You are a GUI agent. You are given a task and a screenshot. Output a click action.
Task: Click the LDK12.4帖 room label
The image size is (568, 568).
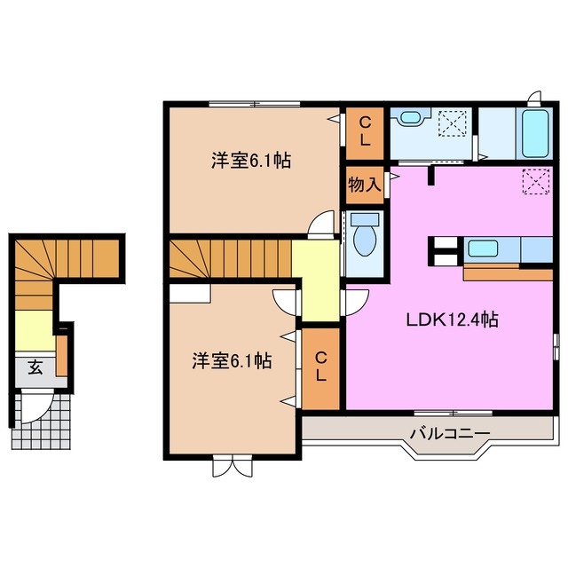(452, 320)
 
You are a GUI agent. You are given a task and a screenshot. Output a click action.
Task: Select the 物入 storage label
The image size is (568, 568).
(364, 185)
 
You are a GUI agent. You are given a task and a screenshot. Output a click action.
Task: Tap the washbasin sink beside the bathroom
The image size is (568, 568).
(409, 116)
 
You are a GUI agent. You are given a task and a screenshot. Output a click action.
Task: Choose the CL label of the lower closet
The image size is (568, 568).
(319, 368)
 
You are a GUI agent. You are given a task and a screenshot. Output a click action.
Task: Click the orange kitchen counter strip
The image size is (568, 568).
(508, 272)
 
